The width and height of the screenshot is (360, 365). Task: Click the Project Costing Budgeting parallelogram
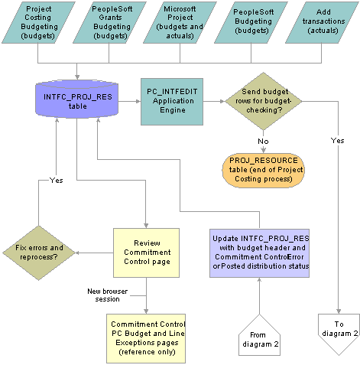(38, 22)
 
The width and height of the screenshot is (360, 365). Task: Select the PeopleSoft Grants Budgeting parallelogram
(109, 22)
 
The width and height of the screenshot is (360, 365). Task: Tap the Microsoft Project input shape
(180, 22)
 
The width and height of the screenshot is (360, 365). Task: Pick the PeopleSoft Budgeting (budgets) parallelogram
(251, 22)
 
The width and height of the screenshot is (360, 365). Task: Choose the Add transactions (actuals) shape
(322, 22)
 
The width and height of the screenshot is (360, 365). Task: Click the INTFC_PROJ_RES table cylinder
(76, 99)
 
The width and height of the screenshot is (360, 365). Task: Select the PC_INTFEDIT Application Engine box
(172, 102)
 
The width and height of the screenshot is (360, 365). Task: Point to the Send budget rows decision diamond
(264, 101)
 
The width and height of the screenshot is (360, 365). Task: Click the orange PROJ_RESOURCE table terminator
(264, 171)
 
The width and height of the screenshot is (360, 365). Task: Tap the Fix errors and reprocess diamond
(39, 253)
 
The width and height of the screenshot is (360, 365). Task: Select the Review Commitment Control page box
(146, 253)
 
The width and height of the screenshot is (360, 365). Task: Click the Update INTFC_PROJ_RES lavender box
(259, 253)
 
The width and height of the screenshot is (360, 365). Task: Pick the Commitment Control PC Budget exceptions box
(146, 338)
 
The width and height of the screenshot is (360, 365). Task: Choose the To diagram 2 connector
(339, 331)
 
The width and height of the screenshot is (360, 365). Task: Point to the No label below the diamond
(263, 142)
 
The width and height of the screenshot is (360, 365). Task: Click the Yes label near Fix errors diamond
(57, 181)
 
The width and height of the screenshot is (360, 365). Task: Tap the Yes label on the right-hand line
(338, 141)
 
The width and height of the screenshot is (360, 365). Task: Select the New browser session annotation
(107, 295)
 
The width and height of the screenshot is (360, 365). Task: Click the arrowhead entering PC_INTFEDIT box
(138, 102)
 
